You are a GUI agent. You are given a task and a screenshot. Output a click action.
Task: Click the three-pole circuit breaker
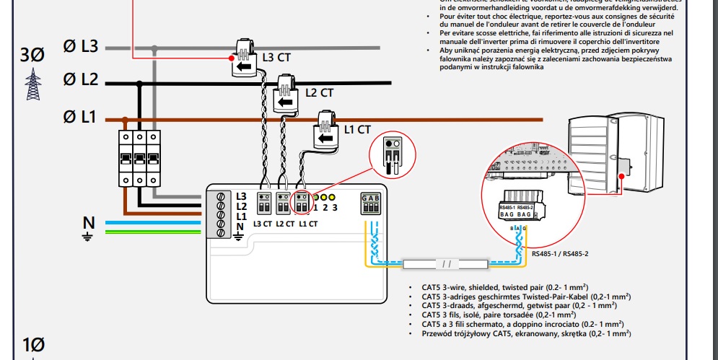[137, 158]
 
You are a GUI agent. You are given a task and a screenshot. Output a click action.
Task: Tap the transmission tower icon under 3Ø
[32, 84]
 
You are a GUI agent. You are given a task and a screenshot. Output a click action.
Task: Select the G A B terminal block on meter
[371, 203]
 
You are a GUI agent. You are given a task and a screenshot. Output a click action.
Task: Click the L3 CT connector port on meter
[263, 203]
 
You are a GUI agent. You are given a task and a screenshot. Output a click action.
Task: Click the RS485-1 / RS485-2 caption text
[560, 253]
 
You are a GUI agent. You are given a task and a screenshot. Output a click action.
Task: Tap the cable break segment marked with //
[445, 264]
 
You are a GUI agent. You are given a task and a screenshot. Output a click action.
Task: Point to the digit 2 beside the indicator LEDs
[325, 208]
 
